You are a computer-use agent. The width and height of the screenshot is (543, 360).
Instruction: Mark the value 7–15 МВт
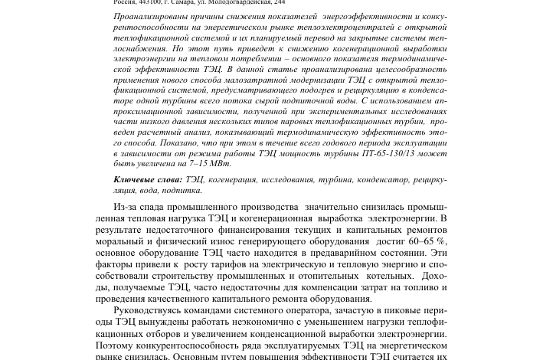tap(209, 163)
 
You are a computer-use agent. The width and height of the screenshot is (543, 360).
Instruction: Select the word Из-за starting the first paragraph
tap(126, 208)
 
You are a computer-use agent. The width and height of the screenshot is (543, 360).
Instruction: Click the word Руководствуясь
tap(149, 311)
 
